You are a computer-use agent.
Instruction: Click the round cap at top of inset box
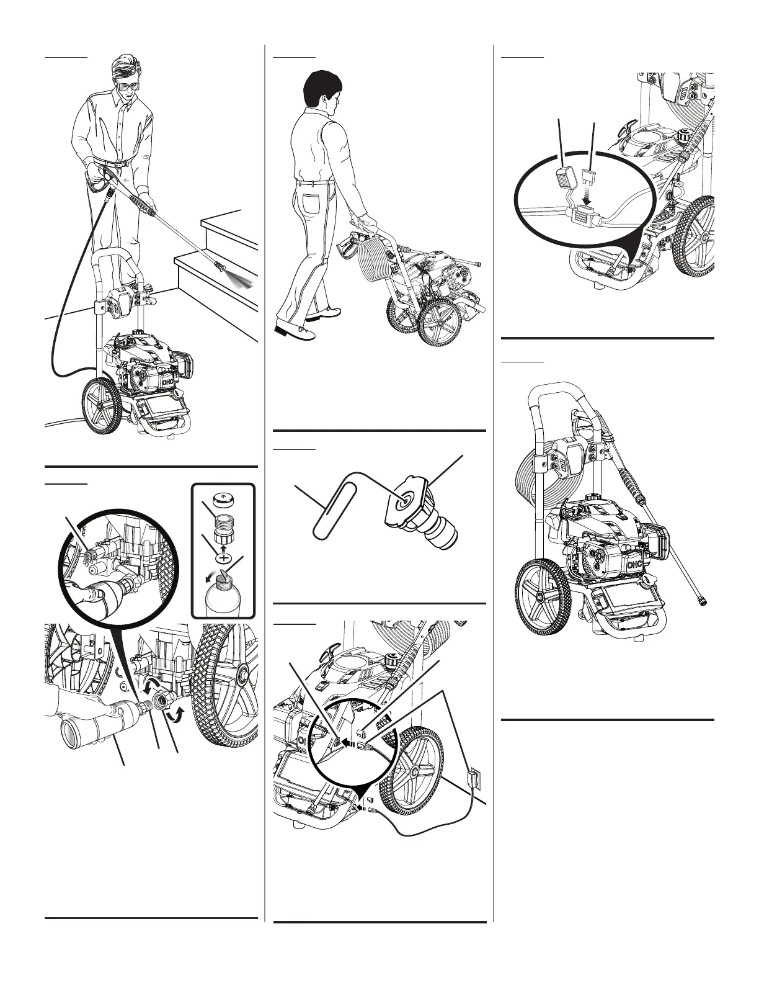(x=221, y=499)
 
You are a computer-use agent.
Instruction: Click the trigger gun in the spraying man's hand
(x=99, y=177)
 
